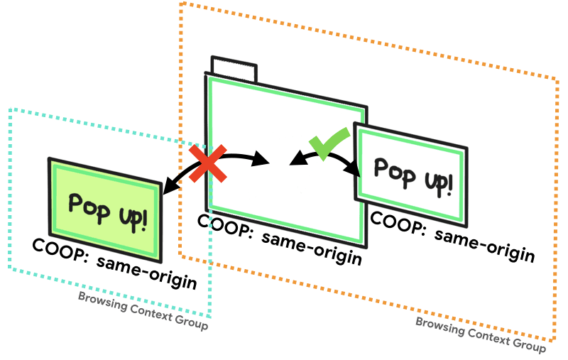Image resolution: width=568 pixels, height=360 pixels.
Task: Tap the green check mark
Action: [327, 143]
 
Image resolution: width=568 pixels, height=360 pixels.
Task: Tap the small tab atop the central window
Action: [234, 70]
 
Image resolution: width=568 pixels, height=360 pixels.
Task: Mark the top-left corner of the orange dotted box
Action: [182, 4]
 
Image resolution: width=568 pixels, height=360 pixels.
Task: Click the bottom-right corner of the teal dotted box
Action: [211, 317]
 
